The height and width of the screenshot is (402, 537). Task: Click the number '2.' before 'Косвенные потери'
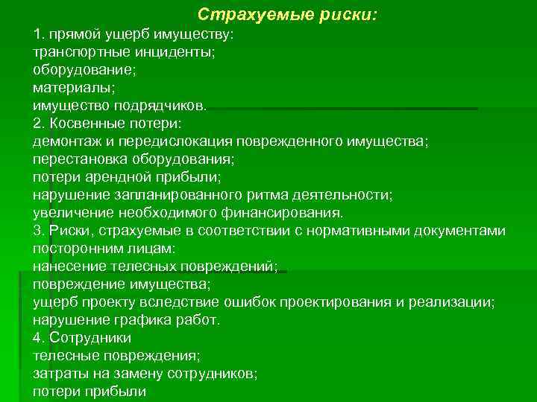tap(39, 124)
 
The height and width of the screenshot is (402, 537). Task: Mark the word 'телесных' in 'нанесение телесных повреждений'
tap(128, 266)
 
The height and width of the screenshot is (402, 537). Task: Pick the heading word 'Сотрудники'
tap(84, 337)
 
